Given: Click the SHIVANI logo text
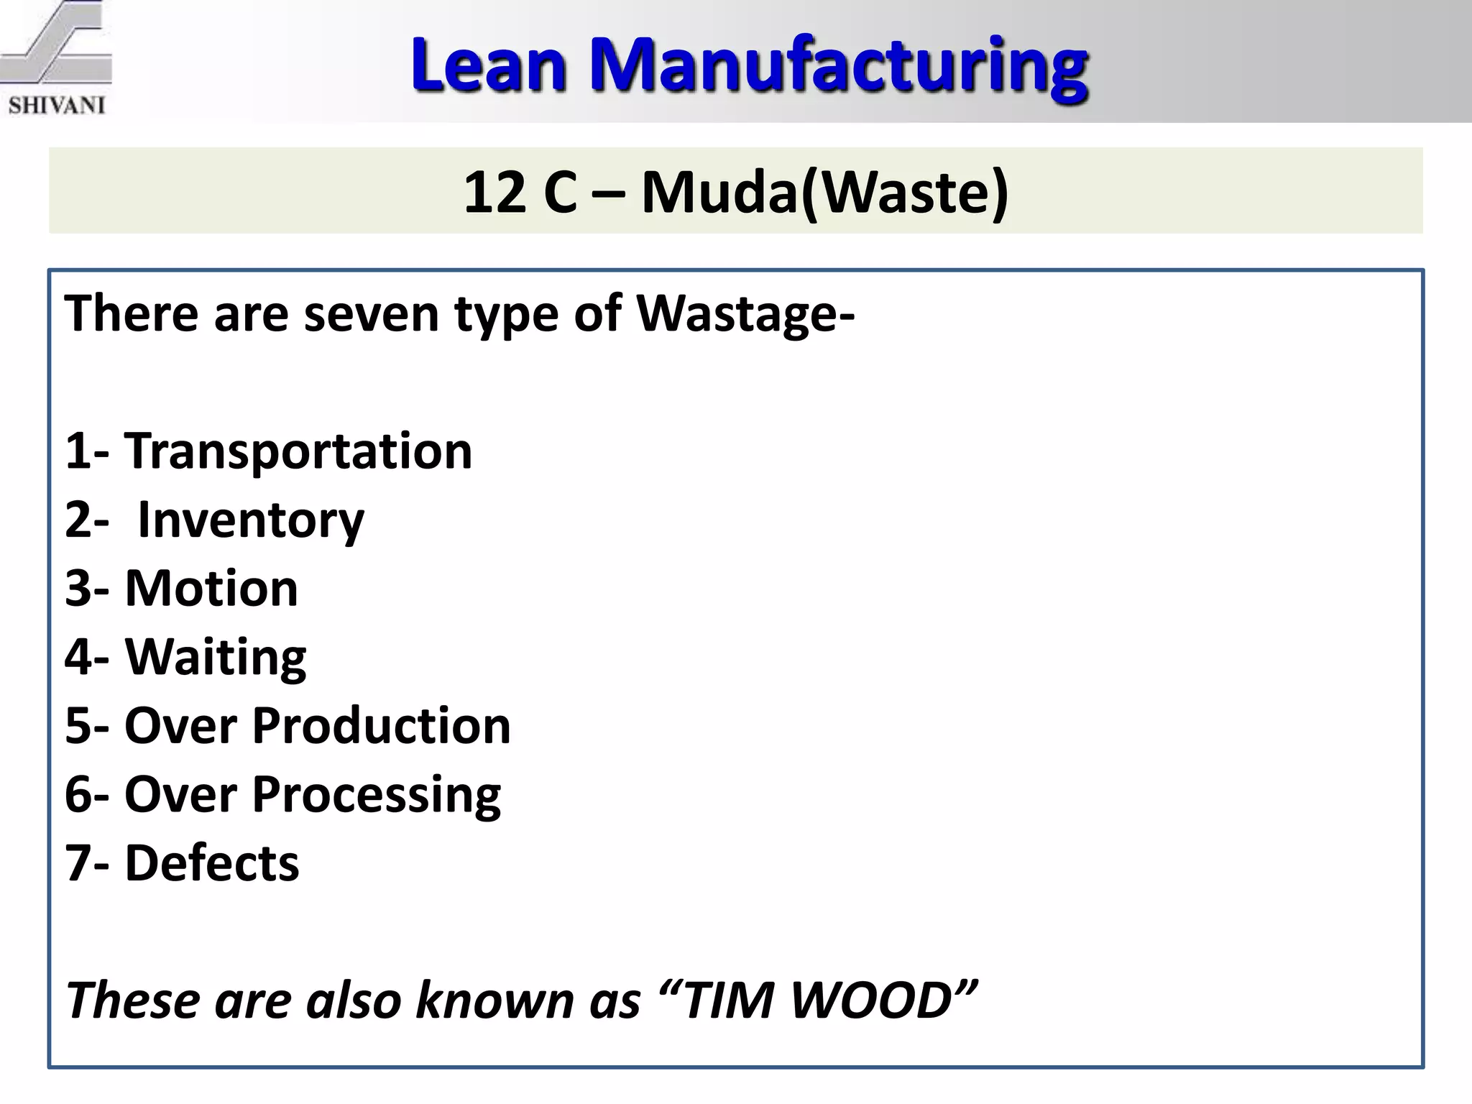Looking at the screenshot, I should (57, 105).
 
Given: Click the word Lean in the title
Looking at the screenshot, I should (488, 65).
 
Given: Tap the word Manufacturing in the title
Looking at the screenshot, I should (838, 65).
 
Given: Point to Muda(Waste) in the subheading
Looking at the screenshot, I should (824, 193).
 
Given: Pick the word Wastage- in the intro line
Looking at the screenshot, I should (745, 314).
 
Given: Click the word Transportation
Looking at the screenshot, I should (298, 451).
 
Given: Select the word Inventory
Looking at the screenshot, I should (251, 520).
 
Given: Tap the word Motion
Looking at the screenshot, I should (211, 589).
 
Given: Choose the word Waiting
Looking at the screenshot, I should (216, 657).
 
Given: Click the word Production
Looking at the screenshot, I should (381, 725).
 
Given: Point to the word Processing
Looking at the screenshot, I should (376, 794).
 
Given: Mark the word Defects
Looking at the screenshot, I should (212, 862).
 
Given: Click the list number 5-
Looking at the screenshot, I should (87, 725).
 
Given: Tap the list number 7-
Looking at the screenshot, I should (87, 862).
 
